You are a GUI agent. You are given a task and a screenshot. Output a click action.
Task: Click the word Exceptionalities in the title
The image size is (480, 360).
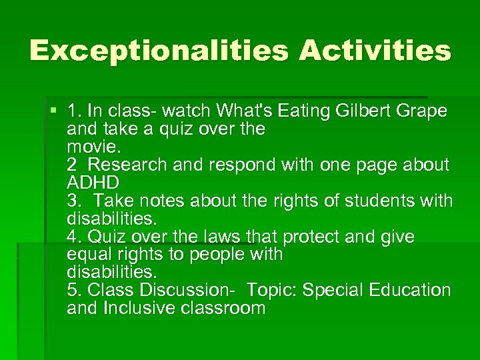(159, 51)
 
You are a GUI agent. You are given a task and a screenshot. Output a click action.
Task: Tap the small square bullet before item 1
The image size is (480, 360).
(53, 109)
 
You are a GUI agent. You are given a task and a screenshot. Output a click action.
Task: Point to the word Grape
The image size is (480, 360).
(423, 111)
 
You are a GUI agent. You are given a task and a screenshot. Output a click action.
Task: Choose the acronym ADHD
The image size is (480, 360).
(93, 182)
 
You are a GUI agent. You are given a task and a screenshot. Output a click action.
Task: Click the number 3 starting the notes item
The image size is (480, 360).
(72, 200)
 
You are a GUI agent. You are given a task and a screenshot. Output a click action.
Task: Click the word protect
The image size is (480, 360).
(310, 236)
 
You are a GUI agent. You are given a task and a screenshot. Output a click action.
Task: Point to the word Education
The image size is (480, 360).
(411, 290)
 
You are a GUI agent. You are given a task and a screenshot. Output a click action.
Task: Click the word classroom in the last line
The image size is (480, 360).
(225, 308)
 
